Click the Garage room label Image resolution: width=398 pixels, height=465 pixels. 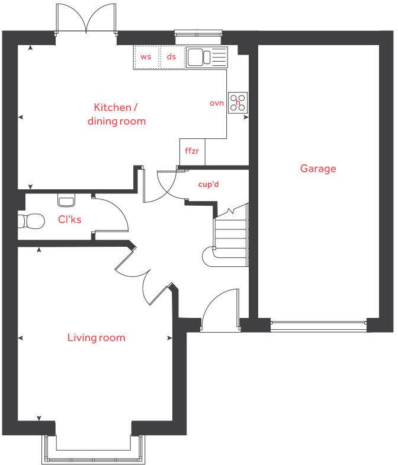(318, 168)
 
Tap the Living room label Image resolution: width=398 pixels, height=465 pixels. (96, 337)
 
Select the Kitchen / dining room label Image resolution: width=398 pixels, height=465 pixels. (116, 114)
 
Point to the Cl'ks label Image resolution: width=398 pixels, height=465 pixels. (69, 219)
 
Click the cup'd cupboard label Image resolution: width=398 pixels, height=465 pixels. (208, 184)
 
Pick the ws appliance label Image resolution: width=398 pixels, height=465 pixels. (146, 57)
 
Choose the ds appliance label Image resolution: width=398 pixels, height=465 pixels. (172, 57)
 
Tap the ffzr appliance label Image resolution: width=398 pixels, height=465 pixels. (191, 151)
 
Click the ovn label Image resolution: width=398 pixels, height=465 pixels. (217, 103)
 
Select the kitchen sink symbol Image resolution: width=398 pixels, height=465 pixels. (206, 57)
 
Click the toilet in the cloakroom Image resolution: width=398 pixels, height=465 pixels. (31, 221)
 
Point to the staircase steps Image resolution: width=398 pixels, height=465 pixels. (230, 237)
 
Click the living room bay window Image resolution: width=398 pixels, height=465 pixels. (93, 451)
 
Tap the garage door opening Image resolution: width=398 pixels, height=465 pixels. (318, 324)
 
